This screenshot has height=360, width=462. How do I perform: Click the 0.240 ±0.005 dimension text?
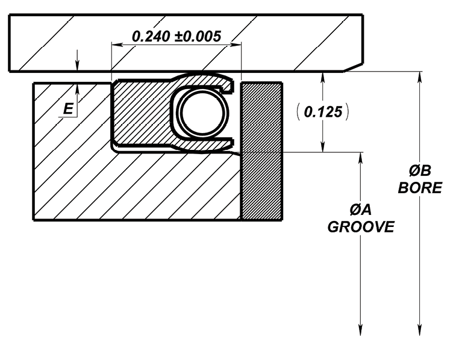tap(176, 37)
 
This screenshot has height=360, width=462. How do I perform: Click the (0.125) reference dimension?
tap(323, 112)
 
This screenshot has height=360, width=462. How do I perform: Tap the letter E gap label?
tap(68, 109)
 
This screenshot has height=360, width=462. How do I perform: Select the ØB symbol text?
tap(420, 171)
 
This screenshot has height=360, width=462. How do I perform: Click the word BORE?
tap(420, 187)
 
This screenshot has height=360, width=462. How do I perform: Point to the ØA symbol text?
tap(361, 210)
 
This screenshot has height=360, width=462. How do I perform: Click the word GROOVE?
tap(361, 227)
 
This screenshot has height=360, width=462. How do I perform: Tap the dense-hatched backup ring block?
tap(261, 152)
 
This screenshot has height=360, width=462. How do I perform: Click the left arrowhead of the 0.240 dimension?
tap(117, 45)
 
